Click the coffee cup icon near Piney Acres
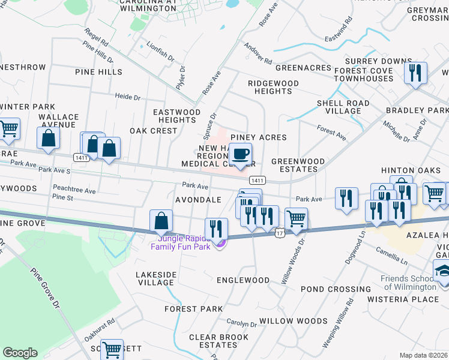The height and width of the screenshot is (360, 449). pyautogui.click(x=241, y=154)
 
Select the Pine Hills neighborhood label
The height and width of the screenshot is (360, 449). pyautogui.click(x=98, y=72)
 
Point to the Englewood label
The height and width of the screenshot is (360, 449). pyautogui.click(x=243, y=280)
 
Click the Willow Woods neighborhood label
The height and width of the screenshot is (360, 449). pyautogui.click(x=293, y=321)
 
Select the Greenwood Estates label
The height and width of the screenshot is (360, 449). pyautogui.click(x=298, y=166)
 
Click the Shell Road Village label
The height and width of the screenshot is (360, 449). pyautogui.click(x=343, y=107)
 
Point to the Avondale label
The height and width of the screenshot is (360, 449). pyautogui.click(x=198, y=199)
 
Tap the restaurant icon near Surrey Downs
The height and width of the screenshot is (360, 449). pyautogui.click(x=415, y=73)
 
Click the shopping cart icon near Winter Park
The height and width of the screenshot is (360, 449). pyautogui.click(x=8, y=128)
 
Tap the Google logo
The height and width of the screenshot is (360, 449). pyautogui.click(x=20, y=353)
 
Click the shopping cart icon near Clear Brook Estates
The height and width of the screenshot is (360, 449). pyautogui.click(x=112, y=349)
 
